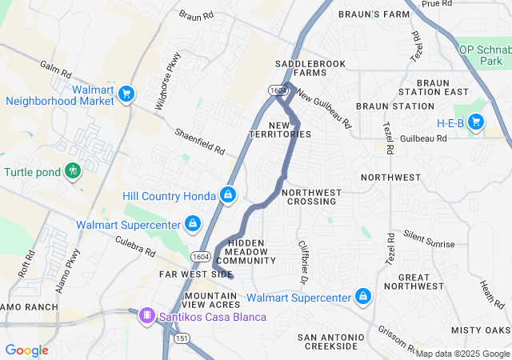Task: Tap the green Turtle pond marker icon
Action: coord(74,170)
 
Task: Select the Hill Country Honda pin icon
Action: coord(228,194)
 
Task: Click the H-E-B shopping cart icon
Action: coord(476,122)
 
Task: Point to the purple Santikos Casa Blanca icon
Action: coord(147,316)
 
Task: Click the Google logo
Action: coord(27,350)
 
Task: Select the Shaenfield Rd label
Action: coord(201,142)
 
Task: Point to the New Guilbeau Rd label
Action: coord(323,109)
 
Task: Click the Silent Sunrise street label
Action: coord(429,238)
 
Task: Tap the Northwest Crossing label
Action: coord(312,197)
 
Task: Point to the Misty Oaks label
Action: coord(480,330)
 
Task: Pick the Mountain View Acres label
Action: coord(212,300)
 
